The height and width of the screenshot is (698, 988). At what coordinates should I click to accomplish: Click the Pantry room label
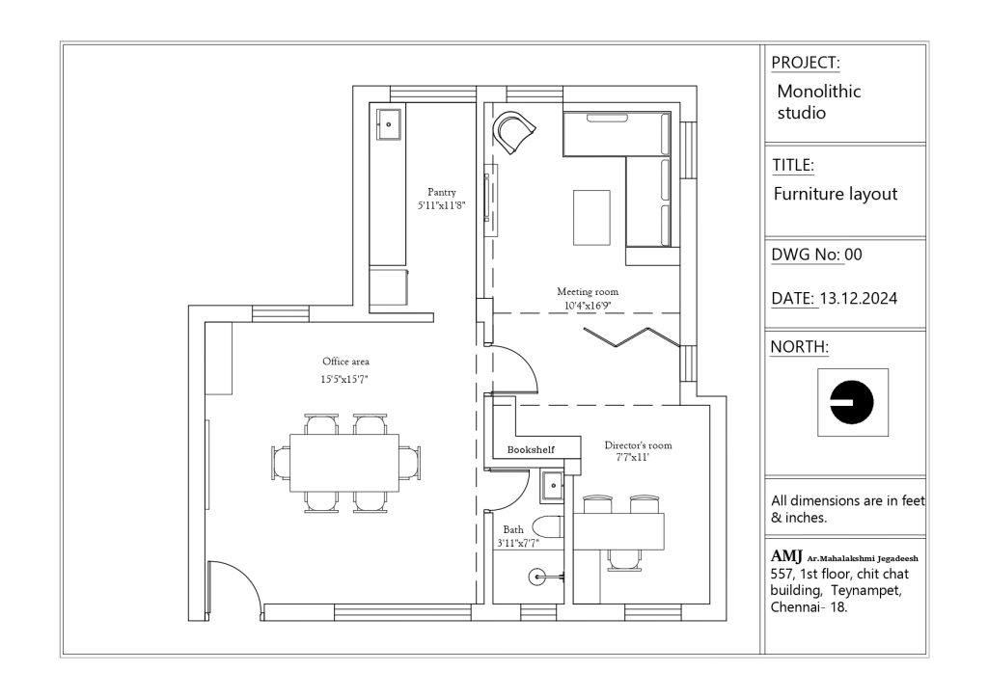point(441,192)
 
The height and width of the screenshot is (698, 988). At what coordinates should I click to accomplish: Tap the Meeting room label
point(588,291)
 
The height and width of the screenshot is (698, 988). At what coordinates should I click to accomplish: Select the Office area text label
point(345,362)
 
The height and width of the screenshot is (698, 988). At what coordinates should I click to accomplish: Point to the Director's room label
point(638,445)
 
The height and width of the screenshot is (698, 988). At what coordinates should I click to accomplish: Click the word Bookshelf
point(531,449)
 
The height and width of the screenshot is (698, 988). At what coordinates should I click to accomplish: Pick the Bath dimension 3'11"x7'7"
point(518,543)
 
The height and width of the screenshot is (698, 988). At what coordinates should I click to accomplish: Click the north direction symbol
point(852,402)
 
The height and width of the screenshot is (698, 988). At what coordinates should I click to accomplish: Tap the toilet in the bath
point(546,526)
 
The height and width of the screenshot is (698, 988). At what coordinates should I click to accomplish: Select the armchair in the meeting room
point(514,131)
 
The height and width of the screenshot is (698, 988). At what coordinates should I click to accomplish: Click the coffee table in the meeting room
point(591,217)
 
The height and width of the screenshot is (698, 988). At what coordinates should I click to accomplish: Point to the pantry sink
point(389,124)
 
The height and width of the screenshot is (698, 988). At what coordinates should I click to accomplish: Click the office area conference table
point(344,463)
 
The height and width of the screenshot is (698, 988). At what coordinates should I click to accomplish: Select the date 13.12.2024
point(858,298)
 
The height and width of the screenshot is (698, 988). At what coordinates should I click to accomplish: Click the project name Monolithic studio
point(818,101)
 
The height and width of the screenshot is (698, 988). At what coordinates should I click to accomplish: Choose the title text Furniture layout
point(835,194)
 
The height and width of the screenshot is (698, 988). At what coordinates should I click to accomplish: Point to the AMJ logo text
point(786,556)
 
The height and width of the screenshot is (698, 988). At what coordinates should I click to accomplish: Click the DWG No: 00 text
point(816,255)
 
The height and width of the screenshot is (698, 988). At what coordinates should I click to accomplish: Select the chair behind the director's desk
point(624,560)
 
